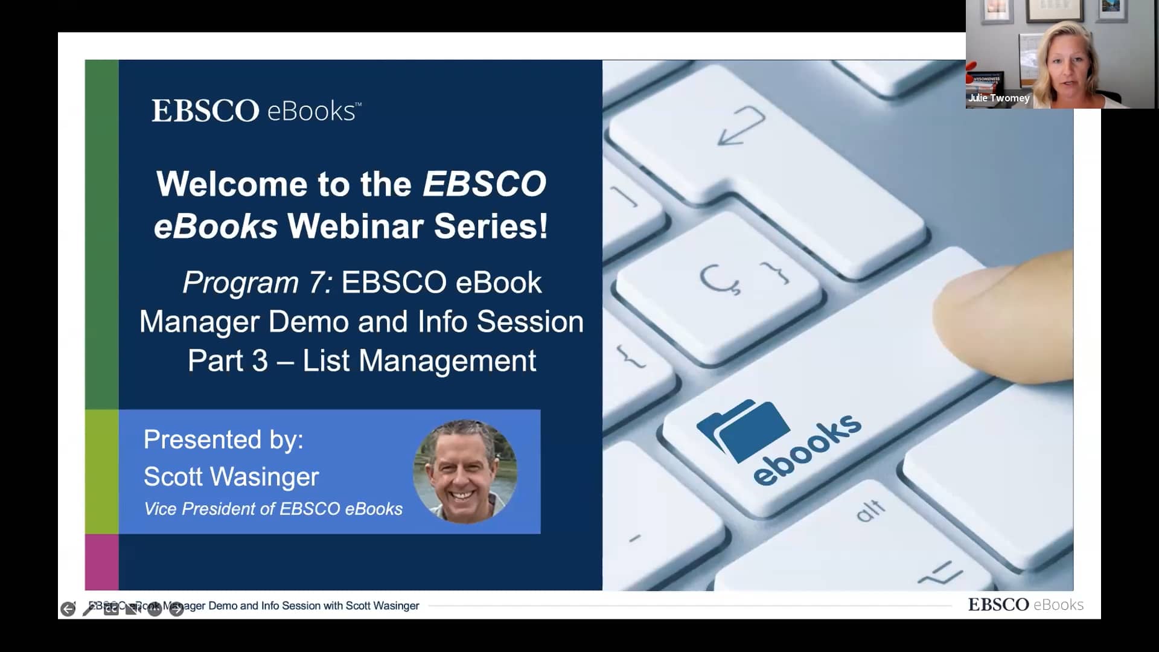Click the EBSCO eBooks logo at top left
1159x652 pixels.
coord(256,111)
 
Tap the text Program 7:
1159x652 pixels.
coord(257,283)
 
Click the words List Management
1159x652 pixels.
coord(419,361)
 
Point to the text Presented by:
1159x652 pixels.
coord(223,439)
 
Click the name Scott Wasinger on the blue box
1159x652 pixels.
coord(231,477)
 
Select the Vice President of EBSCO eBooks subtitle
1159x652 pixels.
coord(273,509)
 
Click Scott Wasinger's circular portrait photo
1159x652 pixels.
coord(465,471)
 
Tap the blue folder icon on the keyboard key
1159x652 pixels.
coord(744,429)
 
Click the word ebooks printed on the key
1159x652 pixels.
coord(808,449)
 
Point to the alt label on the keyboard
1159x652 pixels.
coord(870,510)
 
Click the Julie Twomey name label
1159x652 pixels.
coord(998,98)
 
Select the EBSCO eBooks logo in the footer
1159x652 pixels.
coord(1026,604)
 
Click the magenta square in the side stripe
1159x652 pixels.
coord(101,561)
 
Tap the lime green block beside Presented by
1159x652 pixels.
coord(101,471)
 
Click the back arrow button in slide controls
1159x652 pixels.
coord(68,609)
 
